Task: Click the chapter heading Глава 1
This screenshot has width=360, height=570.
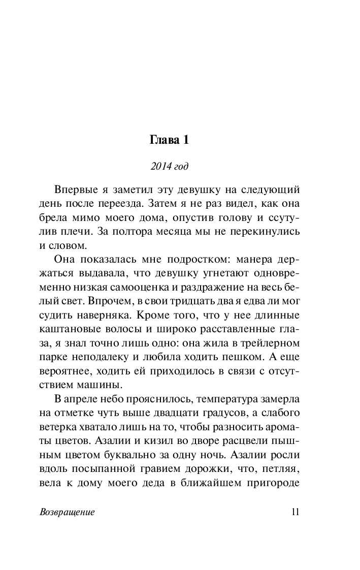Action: click(170, 140)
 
